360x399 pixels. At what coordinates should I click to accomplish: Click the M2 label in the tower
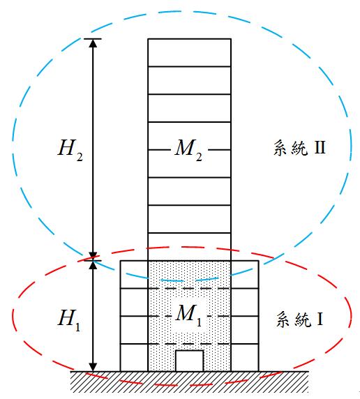click(188, 150)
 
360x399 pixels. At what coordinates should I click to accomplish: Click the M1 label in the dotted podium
click(188, 315)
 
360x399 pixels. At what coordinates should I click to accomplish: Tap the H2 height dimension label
click(70, 150)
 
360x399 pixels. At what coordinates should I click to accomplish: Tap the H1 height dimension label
click(69, 320)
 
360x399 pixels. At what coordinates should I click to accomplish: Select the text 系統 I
click(300, 319)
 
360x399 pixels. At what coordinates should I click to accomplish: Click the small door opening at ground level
click(190, 361)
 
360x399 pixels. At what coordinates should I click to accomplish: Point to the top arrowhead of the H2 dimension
click(93, 43)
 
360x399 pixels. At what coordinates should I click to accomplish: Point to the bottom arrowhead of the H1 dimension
click(93, 367)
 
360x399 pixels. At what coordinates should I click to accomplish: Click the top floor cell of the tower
click(190, 53)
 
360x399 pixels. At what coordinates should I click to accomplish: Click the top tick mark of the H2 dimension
click(93, 39)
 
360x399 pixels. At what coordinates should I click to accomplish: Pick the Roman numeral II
click(320, 147)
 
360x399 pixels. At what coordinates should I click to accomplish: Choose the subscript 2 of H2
click(80, 157)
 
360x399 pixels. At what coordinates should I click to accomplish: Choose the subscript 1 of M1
click(199, 322)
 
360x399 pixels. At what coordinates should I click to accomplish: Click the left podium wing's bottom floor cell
click(134, 358)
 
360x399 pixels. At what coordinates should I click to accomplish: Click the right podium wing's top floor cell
click(245, 275)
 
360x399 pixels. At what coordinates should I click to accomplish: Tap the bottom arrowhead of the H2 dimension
click(93, 255)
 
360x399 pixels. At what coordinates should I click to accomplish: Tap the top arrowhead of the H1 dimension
click(93, 265)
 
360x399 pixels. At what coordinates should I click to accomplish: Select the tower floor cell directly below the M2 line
click(190, 164)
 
